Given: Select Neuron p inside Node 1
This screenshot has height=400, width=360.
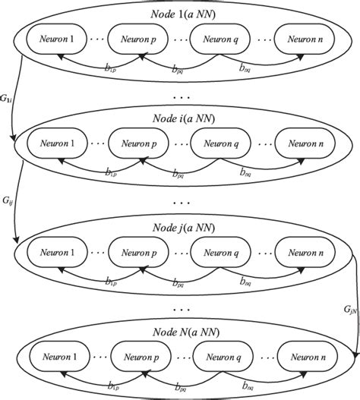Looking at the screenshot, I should point(137,37).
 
